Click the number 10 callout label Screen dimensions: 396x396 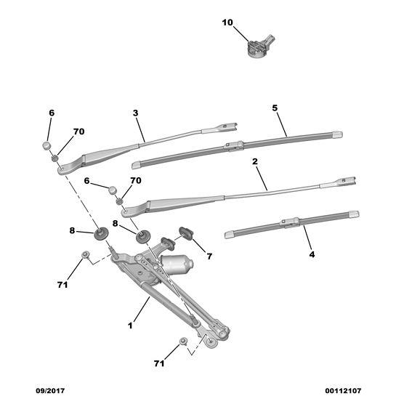point(227,23)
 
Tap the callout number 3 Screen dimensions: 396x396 point(135,113)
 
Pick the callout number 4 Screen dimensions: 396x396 point(312,254)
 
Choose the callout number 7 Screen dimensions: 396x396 point(209,256)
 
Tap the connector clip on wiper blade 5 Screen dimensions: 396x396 point(234,147)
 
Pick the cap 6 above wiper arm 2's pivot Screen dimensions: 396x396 point(113,190)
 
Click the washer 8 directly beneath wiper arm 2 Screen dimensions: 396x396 point(142,236)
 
